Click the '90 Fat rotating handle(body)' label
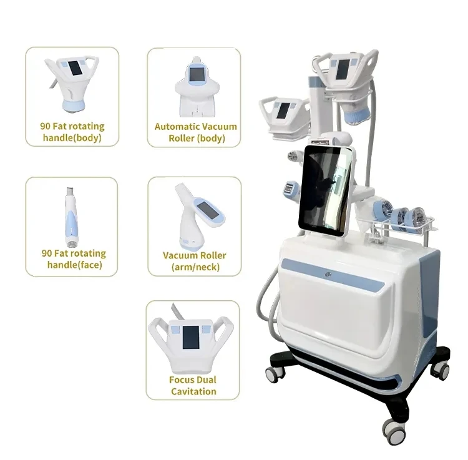click(72, 132)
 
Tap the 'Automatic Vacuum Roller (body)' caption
click(196, 132)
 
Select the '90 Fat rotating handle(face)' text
click(73, 259)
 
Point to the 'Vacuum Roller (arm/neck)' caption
click(194, 262)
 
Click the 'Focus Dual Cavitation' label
click(193, 386)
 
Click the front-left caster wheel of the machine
click(275, 373)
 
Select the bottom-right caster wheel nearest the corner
click(392, 429)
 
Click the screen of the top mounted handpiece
click(343, 67)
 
